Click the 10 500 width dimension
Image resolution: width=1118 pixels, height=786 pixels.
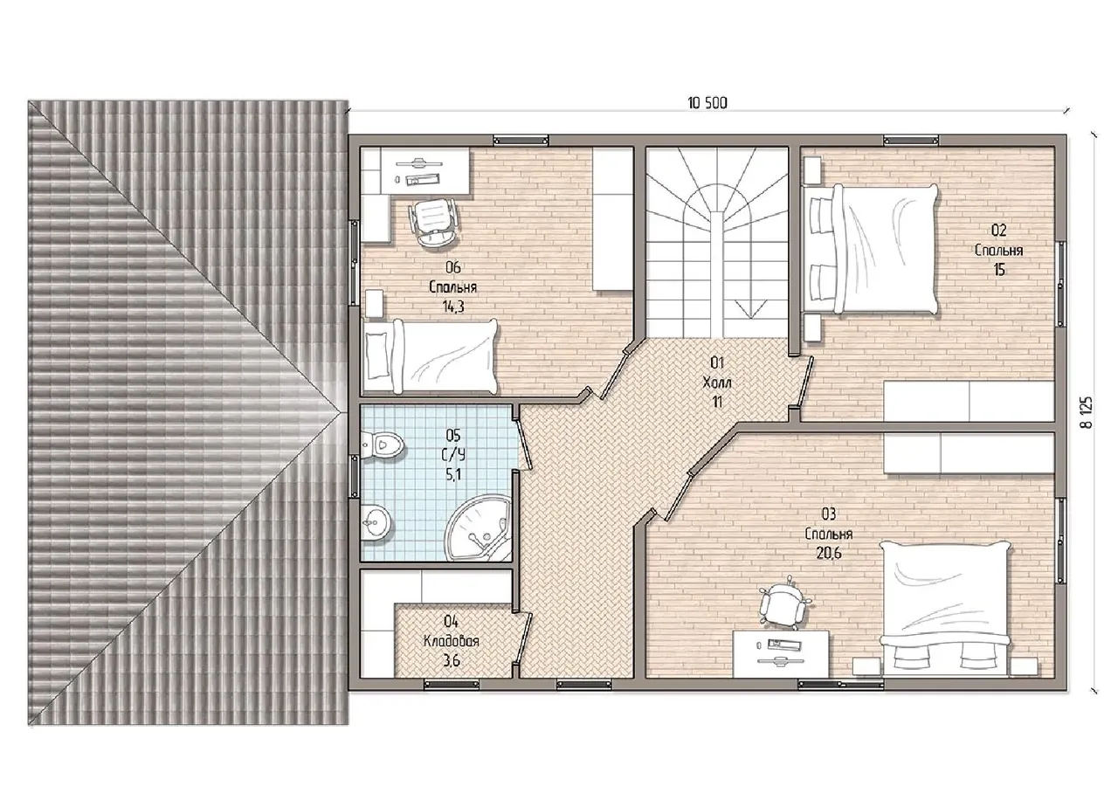click(x=707, y=103)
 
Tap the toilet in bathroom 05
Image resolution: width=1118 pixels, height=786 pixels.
click(x=383, y=445)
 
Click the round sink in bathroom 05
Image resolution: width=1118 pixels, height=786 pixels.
click(x=375, y=522)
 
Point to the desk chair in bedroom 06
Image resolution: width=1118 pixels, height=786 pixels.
click(x=432, y=222)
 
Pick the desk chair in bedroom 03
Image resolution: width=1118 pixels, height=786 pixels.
click(x=781, y=605)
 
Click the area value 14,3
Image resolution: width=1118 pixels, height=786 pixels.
click(x=453, y=307)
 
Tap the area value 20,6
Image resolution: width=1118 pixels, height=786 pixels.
click(x=829, y=553)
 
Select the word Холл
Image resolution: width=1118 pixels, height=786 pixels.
click(x=717, y=383)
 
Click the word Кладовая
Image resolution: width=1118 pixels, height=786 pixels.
click(x=452, y=641)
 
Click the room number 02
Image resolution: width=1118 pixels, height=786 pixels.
click(x=998, y=230)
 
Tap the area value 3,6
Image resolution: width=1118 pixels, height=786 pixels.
click(x=452, y=661)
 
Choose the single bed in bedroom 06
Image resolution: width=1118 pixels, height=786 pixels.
click(x=430, y=356)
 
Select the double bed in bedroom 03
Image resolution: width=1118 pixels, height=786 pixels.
click(x=946, y=610)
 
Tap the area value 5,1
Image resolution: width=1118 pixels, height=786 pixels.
click(x=453, y=474)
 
